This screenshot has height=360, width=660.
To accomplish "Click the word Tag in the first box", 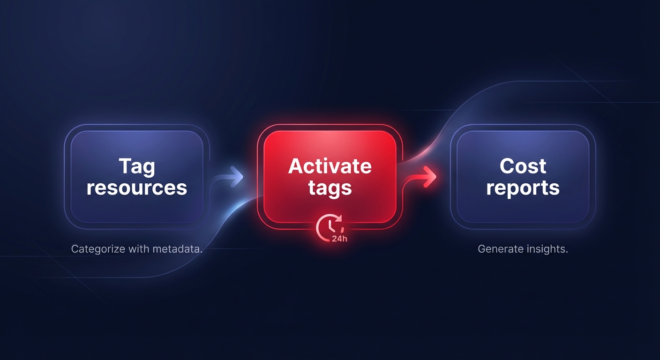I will click(137, 167).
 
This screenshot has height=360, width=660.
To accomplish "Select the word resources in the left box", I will click(137, 187).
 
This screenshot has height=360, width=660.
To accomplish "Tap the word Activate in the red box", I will click(330, 166).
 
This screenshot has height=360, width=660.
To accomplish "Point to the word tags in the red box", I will click(330, 188).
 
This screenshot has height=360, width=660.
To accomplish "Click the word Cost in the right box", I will click(523, 166).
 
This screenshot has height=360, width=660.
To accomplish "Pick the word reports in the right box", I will click(523, 188).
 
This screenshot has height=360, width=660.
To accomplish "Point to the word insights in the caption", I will click(547, 249).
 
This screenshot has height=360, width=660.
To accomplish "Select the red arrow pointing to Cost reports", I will click(424, 177).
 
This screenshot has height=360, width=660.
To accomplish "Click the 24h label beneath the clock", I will click(338, 238).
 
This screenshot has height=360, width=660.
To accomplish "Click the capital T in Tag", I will click(124, 166).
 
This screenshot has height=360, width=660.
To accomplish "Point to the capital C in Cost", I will click(507, 166).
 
